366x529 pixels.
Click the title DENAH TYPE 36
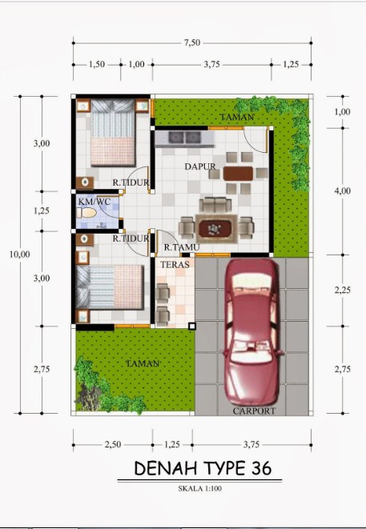pyautogui.click(x=203, y=467)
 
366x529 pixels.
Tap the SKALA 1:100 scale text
pyautogui.click(x=201, y=487)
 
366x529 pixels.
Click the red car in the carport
pyautogui.click(x=252, y=332)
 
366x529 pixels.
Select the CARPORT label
pyautogui.click(x=255, y=411)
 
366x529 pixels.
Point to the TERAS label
pyautogui.click(x=175, y=264)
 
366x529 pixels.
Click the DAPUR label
pyautogui.click(x=199, y=166)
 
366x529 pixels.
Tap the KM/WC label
pyautogui.click(x=94, y=202)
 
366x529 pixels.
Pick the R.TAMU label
pyautogui.click(x=180, y=247)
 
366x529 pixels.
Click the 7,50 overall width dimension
pyautogui.click(x=191, y=43)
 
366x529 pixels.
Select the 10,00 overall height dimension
pyautogui.click(x=19, y=254)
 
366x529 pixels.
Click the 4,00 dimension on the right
pyautogui.click(x=342, y=190)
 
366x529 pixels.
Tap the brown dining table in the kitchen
pyautogui.click(x=238, y=172)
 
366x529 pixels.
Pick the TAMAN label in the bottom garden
pyautogui.click(x=142, y=363)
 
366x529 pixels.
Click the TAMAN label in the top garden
pyautogui.click(x=237, y=118)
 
